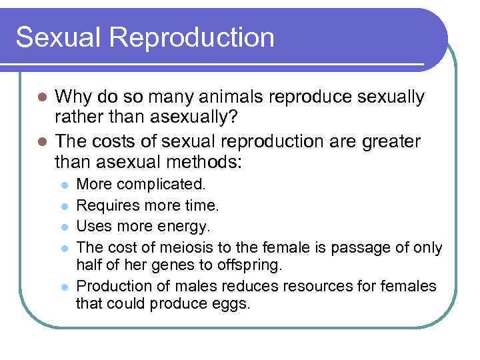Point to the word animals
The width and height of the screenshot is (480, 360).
tap(217, 97)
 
